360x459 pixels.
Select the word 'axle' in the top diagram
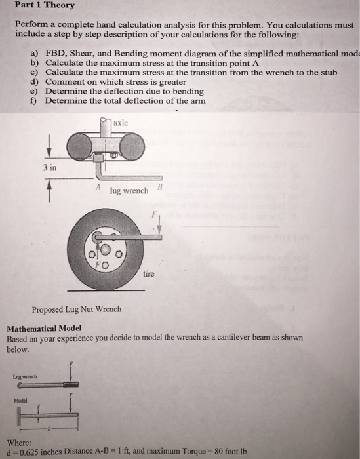click(x=122, y=123)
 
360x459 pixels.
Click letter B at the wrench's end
click(x=161, y=188)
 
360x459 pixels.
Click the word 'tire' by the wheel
click(x=150, y=275)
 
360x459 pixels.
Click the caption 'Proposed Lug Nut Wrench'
click(x=68, y=309)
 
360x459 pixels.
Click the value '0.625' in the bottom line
click(x=25, y=453)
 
